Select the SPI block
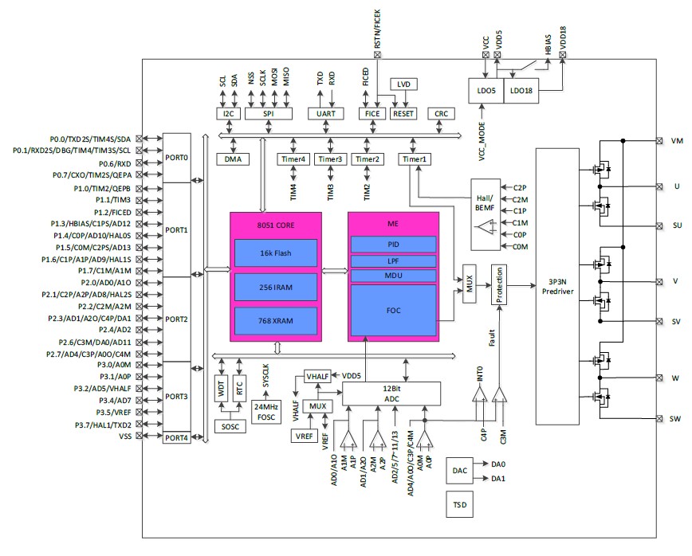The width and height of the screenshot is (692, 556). [268, 114]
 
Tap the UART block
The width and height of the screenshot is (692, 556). [325, 114]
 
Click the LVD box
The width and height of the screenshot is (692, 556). [403, 84]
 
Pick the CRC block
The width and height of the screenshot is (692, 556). [441, 114]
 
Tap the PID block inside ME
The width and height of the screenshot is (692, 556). [393, 244]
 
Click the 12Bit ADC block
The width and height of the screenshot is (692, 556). [391, 393]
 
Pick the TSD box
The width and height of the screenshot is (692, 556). [458, 504]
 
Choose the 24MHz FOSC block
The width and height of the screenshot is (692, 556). [265, 411]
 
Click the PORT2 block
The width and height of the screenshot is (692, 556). [176, 319]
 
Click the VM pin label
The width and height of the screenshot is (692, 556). [677, 141]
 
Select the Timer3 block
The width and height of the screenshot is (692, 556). [330, 159]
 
